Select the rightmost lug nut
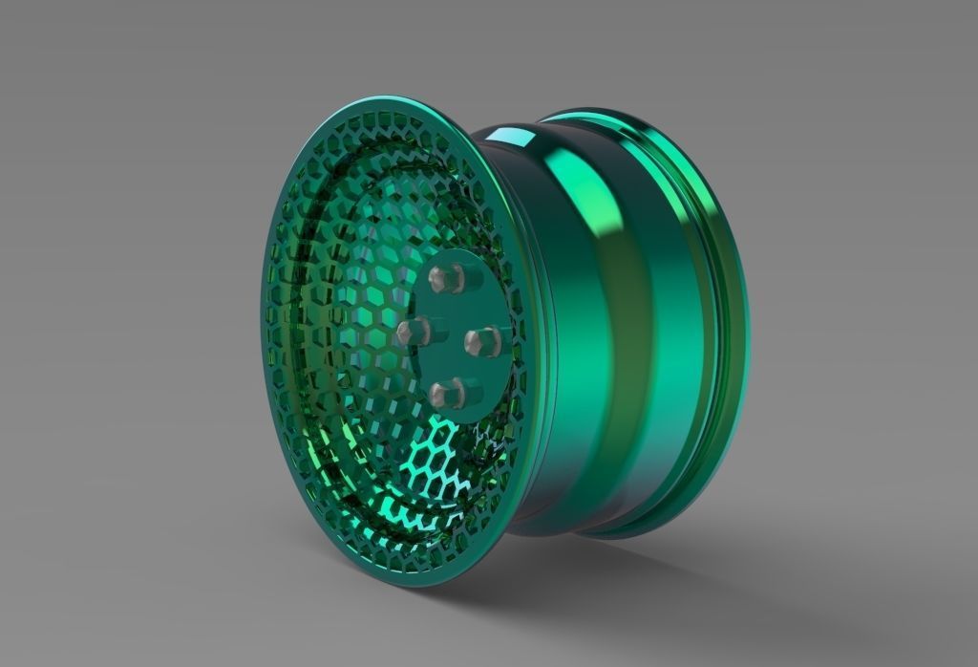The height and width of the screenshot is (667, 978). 482,340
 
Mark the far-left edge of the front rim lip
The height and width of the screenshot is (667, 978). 261,315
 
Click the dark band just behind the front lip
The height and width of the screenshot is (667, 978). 535,334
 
